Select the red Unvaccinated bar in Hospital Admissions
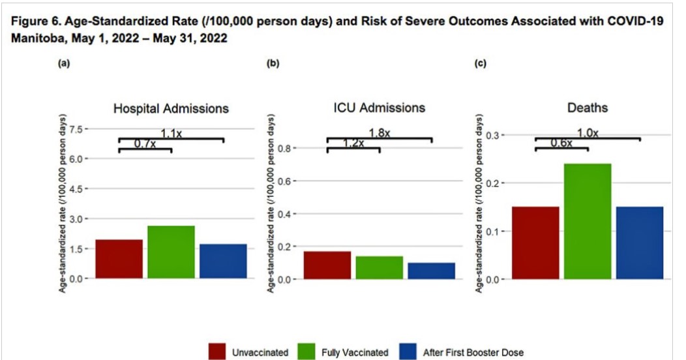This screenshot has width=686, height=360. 119,259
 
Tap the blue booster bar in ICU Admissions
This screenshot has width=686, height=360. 431,271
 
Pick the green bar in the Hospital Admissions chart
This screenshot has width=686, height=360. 171,252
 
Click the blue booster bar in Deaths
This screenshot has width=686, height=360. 640,243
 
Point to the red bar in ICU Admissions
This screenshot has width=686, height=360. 327,265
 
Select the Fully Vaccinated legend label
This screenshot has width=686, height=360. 355,352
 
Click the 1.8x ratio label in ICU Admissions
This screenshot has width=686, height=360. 379,133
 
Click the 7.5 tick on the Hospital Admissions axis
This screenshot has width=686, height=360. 77,129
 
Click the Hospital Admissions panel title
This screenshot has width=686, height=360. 171,108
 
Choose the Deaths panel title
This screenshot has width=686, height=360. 587,108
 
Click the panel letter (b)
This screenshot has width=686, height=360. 273,64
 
